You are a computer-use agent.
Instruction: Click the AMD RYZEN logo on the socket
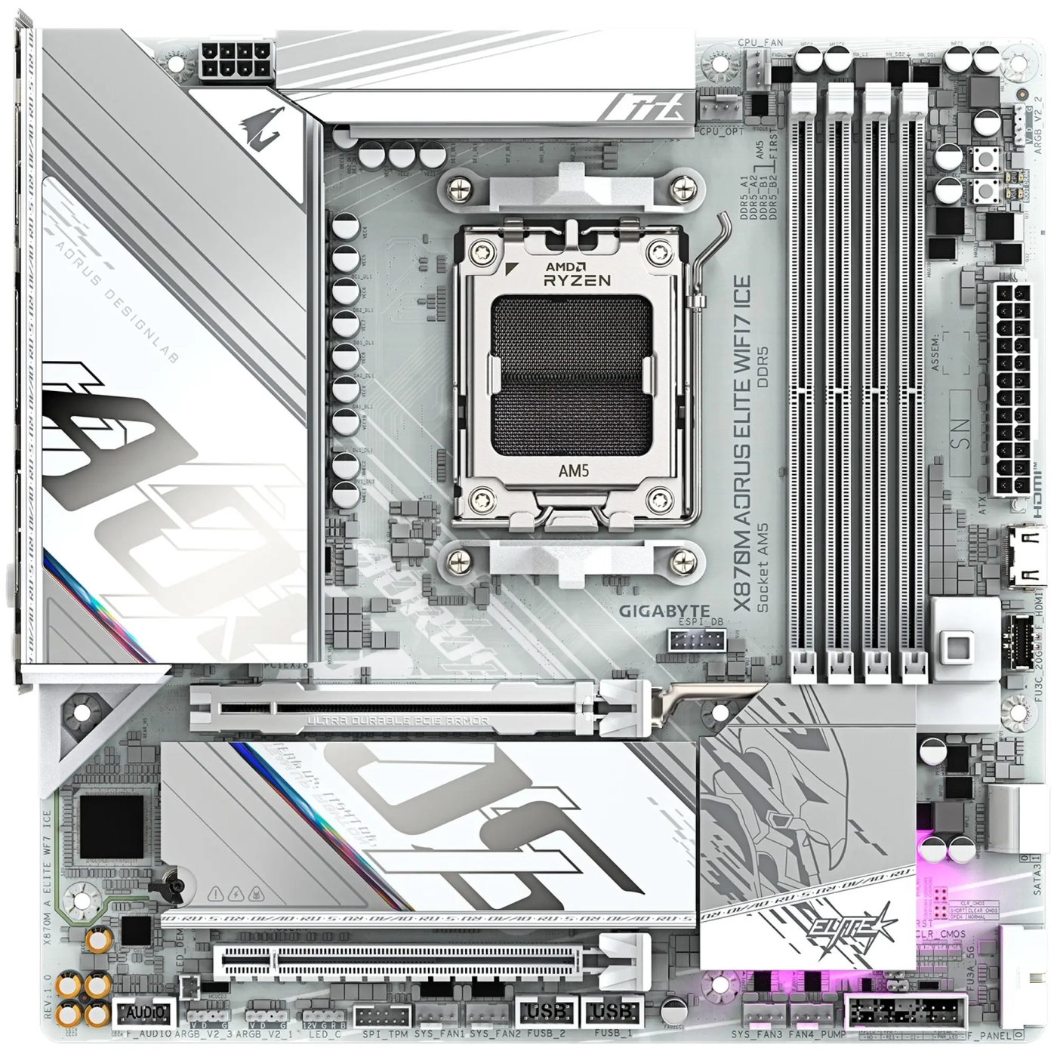578,273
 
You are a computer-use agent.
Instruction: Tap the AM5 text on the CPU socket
573,470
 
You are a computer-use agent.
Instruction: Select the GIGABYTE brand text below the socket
664,611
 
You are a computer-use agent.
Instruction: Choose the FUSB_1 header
611,1012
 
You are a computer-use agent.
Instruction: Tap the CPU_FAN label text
760,44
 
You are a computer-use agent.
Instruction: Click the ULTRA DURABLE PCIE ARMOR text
398,721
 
